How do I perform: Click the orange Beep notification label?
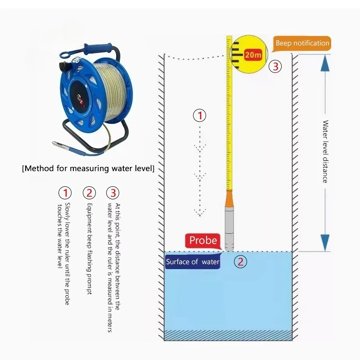[302, 44]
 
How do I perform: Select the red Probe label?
[203, 241]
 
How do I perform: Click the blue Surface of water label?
[193, 262]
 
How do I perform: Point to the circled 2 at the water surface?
[241, 262]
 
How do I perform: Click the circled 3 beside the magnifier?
[275, 67]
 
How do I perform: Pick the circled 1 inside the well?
[199, 116]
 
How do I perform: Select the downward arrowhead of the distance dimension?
[325, 242]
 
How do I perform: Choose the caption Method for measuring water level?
[88, 169]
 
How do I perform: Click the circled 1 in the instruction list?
[65, 193]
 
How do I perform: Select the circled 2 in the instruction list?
[89, 193]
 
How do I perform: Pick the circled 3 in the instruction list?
[113, 193]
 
